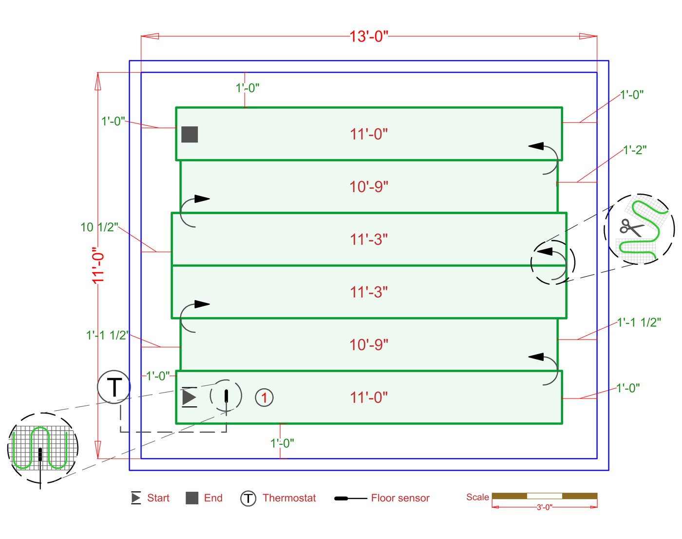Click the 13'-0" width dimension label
pos(369,37)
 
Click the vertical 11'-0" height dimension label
pos(98,265)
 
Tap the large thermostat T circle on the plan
pos(114,387)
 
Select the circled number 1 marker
pos(264,398)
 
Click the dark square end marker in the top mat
pos(189,134)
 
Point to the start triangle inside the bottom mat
pos(189,397)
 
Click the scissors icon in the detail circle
pos(631,227)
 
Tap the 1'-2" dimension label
pos(635,150)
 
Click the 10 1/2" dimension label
pos(99,227)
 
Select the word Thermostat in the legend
pos(289,498)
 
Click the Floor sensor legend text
pos(400,498)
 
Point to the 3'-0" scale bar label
pos(544,507)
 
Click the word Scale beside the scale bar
pos(477,497)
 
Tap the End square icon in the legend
pos(192,498)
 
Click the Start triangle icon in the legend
pos(136,498)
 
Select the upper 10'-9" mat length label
pos(369,187)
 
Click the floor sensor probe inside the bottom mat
pos(226,396)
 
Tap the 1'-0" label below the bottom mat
pos(282,443)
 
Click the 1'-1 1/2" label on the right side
pos(639,322)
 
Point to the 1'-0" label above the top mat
pos(247,88)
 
